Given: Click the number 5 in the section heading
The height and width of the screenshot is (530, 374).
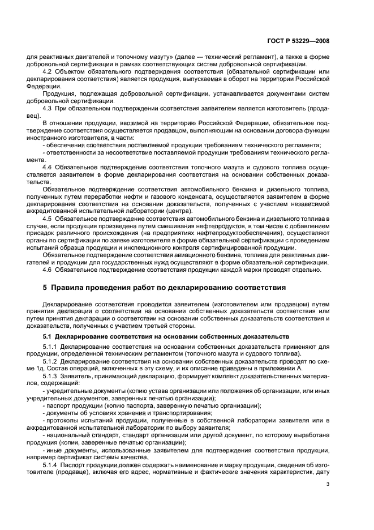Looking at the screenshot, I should pyautogui.click(x=45, y=288).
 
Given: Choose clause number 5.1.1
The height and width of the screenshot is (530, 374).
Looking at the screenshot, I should pyautogui.click(x=51, y=347).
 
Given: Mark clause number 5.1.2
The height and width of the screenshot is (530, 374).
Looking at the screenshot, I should pyautogui.click(x=51, y=361).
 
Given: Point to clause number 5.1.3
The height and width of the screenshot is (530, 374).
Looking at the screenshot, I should pyautogui.click(x=51, y=376).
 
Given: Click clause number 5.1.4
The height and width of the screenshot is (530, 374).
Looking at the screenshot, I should pyautogui.click(x=51, y=464).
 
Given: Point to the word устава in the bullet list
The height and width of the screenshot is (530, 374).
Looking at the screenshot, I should pyautogui.click(x=162, y=391).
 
